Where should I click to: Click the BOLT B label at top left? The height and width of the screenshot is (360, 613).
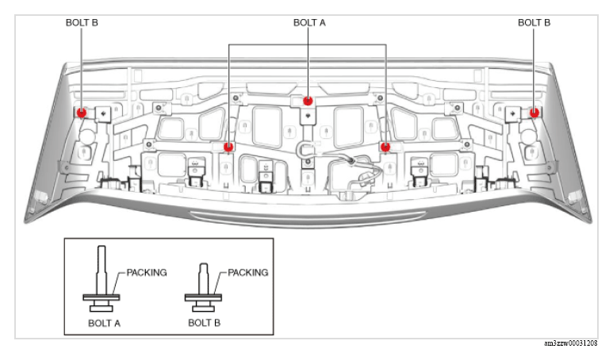[x=82, y=23]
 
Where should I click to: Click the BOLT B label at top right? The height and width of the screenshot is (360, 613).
[x=534, y=23]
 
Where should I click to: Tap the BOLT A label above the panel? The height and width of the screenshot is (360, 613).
[x=309, y=23]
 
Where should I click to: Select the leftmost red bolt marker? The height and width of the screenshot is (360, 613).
[x=82, y=113]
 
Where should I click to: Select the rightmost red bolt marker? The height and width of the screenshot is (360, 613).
[x=534, y=113]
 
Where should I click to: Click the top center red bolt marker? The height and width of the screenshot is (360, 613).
[x=308, y=101]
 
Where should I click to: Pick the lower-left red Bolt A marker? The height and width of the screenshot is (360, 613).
[x=228, y=147]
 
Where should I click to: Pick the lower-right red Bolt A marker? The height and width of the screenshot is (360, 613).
[x=385, y=147]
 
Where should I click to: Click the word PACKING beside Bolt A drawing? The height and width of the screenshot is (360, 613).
[x=147, y=273]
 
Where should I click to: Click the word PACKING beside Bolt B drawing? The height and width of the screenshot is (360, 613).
[x=248, y=273]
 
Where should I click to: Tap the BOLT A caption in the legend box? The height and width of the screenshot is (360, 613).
[x=104, y=324]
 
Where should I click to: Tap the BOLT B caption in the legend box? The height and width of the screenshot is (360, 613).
[x=204, y=323]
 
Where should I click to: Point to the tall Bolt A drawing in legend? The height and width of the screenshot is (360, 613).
[x=102, y=278]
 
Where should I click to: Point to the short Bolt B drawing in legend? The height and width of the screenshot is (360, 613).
[x=203, y=287]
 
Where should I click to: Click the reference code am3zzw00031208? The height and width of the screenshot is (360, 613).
[x=571, y=343]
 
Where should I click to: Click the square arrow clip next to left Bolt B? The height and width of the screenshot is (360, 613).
[x=104, y=114]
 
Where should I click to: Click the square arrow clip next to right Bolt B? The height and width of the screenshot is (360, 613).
[x=512, y=114]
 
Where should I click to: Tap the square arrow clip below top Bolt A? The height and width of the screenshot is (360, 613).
[x=308, y=116]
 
